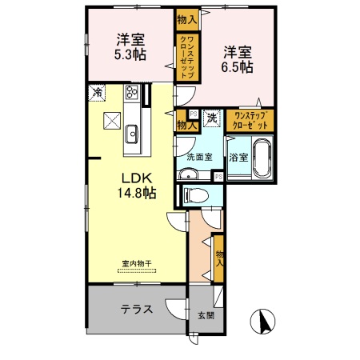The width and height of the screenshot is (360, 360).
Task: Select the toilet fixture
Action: [194, 194]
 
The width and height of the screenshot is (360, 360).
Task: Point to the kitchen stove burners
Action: [133, 95]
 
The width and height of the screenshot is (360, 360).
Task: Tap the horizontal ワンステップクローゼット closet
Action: [249, 120]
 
